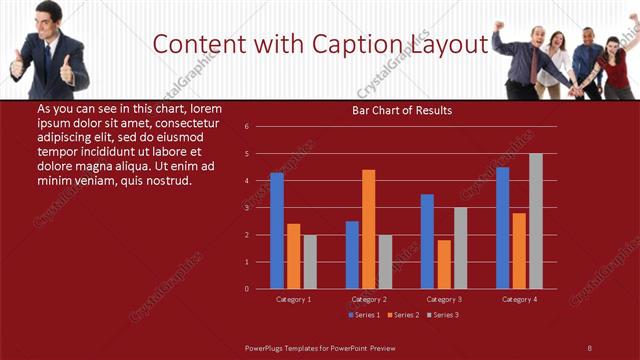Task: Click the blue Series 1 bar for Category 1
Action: click(277, 231)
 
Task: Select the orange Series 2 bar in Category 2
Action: click(369, 229)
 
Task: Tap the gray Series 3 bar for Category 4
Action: click(536, 221)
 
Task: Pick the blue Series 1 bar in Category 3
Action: click(427, 241)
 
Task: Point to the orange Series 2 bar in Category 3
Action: click(444, 264)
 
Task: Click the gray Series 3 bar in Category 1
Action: click(310, 262)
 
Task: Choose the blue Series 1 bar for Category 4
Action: click(503, 228)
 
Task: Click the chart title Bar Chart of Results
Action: click(402, 110)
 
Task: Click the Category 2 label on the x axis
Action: click(369, 299)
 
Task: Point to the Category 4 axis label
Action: click(519, 299)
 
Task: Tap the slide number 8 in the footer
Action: click(590, 347)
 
